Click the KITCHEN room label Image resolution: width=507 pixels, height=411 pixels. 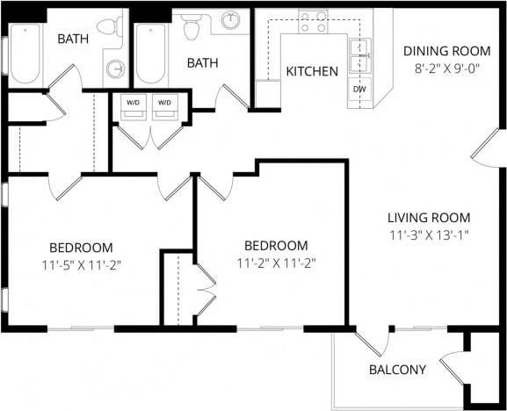coord(312,71)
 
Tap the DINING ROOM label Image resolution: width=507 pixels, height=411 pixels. coord(436,50)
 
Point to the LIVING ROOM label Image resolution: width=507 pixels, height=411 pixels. coord(431,218)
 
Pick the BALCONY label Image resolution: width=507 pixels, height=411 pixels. coord(397,370)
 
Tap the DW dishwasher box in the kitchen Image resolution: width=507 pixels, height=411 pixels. coord(359,90)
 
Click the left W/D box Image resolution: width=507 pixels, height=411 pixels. coord(134,103)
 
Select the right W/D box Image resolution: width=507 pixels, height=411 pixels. coord(164,103)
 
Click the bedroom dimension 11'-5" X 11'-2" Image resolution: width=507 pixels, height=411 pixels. coord(81,263)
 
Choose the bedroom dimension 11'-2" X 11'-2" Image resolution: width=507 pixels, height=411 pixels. coord(276,262)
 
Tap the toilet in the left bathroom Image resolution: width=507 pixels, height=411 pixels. coord(111,27)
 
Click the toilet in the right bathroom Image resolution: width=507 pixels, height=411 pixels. coord(192,27)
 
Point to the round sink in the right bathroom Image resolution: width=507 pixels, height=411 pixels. coord(231,20)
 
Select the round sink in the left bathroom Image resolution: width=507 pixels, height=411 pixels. coord(115,69)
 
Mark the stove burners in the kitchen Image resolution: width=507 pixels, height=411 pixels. coord(312,21)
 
